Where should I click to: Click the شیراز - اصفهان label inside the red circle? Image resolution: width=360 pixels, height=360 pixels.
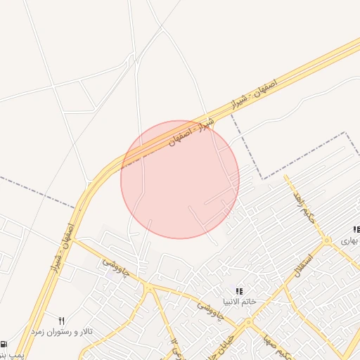pyautogui.click(x=186, y=134)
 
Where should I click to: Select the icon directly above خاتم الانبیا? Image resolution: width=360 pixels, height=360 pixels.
pyautogui.click(x=239, y=290)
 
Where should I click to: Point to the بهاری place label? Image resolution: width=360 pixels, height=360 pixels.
pyautogui.click(x=350, y=240)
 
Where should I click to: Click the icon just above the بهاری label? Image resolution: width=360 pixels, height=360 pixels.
pyautogui.click(x=356, y=229)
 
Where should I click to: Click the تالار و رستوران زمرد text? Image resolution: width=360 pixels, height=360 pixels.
pyautogui.click(x=65, y=330)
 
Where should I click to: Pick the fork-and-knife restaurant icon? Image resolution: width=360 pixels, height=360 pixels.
pyautogui.click(x=61, y=320)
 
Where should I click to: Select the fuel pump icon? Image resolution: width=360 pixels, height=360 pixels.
pyautogui.click(x=4, y=345)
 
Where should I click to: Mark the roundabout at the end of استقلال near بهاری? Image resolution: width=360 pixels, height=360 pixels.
pyautogui.click(x=327, y=240)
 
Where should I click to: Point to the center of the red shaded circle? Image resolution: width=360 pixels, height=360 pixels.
pyautogui.click(x=180, y=179)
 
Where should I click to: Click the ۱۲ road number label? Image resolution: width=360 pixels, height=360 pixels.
pyautogui.click(x=174, y=345)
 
